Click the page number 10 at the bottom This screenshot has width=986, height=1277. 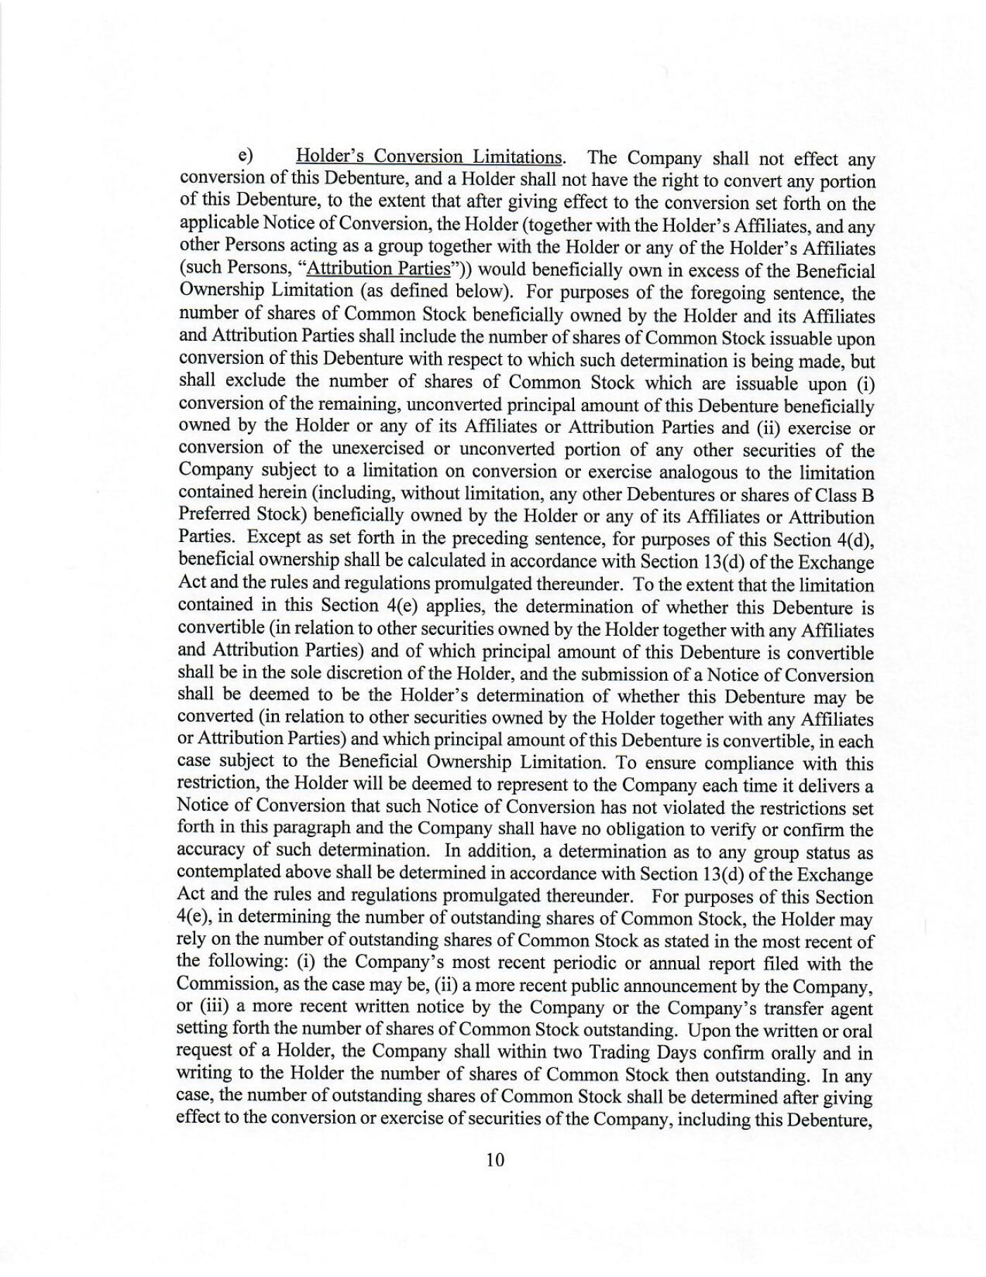coord(495,1160)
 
